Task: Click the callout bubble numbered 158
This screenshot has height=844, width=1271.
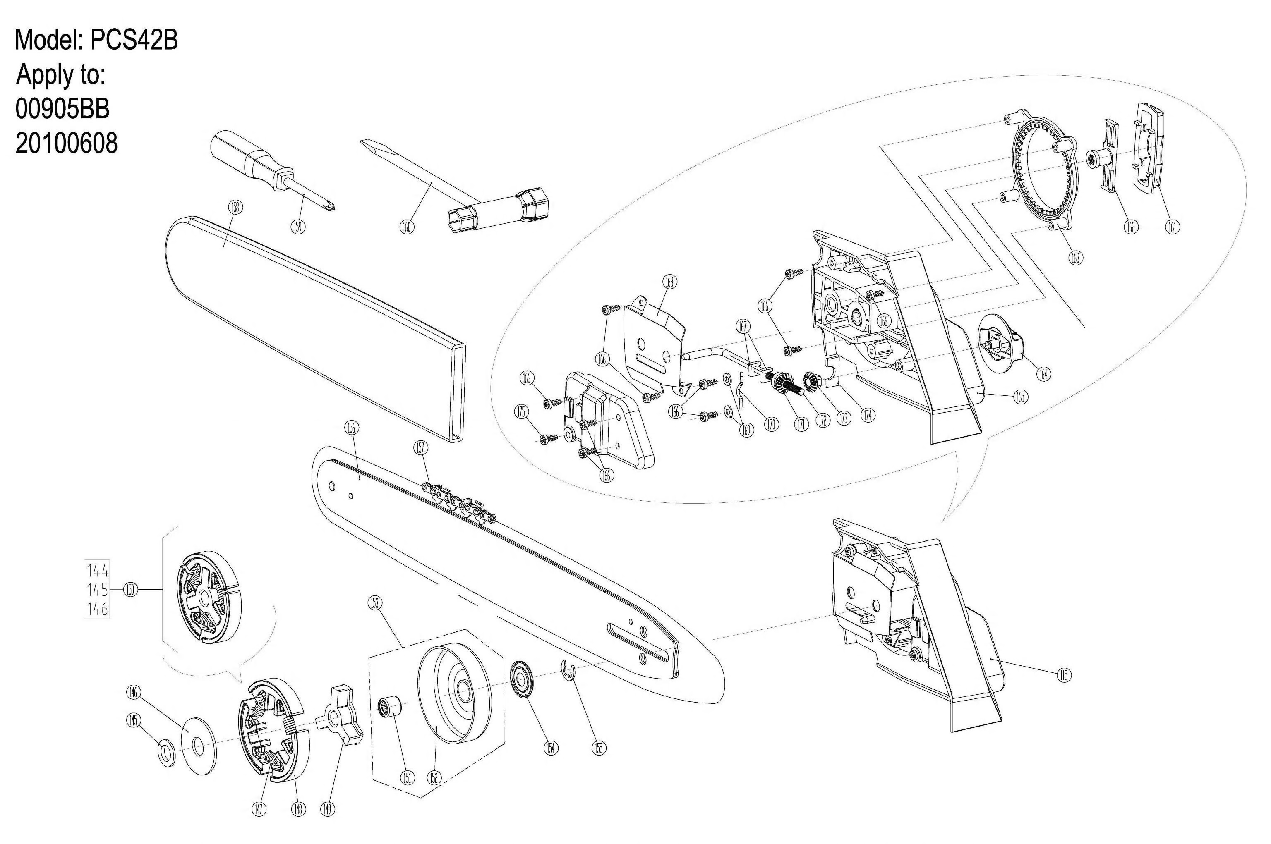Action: point(235,208)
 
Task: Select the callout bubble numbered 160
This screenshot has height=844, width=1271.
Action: point(407,227)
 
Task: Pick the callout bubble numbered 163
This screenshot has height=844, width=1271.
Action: point(1075,258)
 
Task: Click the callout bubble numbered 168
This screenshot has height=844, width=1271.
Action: point(670,282)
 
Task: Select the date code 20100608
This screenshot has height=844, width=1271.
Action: point(66,143)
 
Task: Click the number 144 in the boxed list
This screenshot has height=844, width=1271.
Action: point(98,570)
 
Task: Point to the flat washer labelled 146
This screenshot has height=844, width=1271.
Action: point(199,746)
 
